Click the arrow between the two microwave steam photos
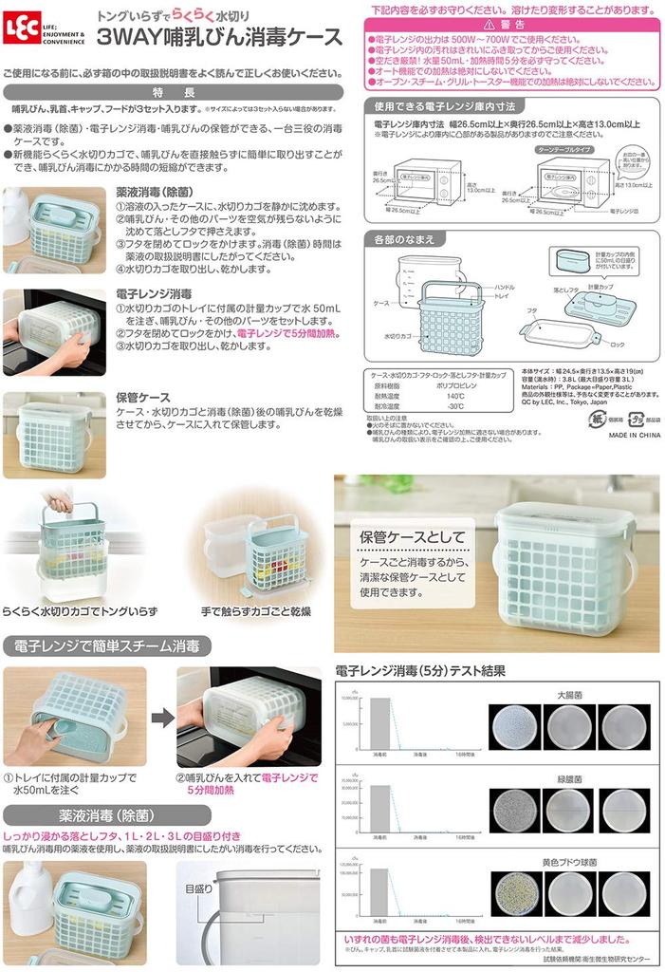tap(162, 718)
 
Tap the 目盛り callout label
tap(199, 889)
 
